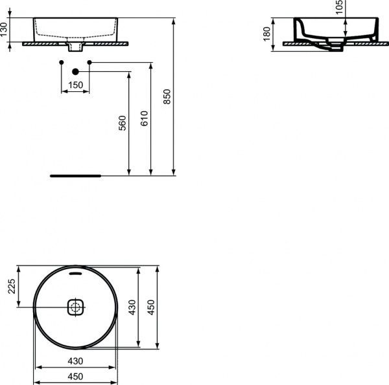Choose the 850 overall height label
pos(167,96)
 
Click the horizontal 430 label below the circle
pos(75,361)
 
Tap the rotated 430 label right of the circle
pos(132,307)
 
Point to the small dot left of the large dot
pos(61,62)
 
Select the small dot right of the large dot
pos(89,62)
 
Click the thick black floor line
pos(75,175)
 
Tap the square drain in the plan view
pos(76,307)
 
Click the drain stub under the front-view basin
pos(75,47)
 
